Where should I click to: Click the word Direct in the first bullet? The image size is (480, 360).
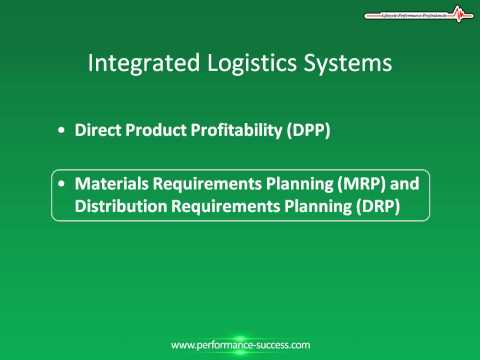(x=98, y=131)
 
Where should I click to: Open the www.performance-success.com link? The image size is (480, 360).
(x=240, y=344)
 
